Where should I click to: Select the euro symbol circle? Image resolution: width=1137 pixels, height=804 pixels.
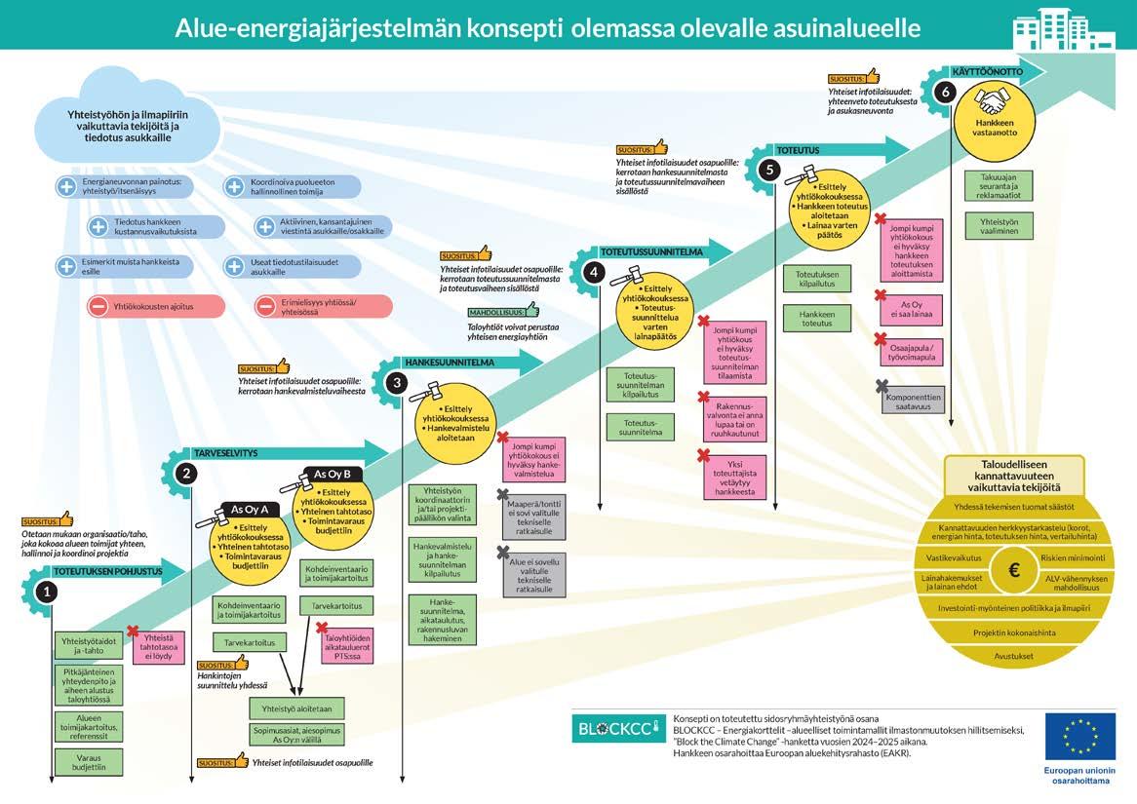click(x=1014, y=570)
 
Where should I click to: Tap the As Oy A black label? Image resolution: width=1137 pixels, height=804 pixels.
click(x=250, y=510)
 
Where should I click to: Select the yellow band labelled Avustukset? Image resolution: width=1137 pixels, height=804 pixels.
click(x=1014, y=656)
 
